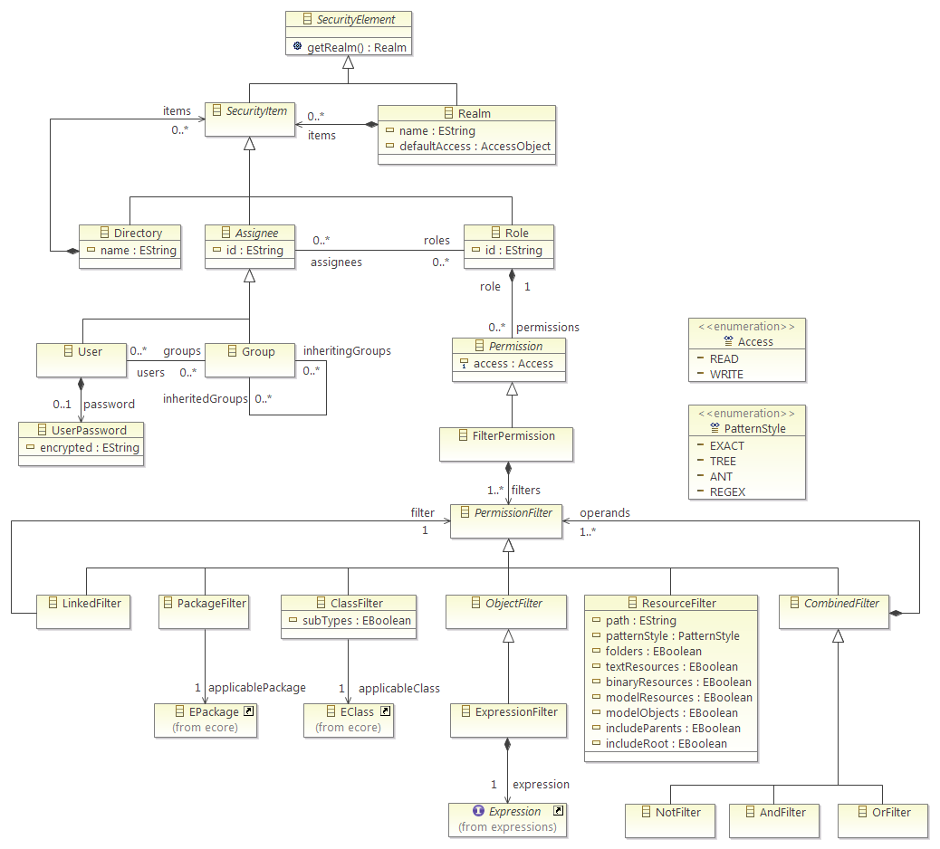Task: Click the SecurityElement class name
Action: click(x=356, y=19)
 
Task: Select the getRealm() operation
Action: click(x=357, y=47)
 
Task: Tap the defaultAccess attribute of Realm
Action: click(x=475, y=147)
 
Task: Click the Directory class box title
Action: click(x=138, y=233)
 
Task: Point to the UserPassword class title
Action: click(x=89, y=430)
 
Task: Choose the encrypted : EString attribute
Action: click(x=90, y=447)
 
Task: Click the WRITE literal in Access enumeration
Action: click(x=726, y=375)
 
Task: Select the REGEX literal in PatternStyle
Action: click(x=727, y=491)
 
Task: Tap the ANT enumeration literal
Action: click(x=721, y=476)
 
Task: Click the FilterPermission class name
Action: click(x=513, y=436)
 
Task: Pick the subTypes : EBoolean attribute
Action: click(x=357, y=621)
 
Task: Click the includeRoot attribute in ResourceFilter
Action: click(x=666, y=743)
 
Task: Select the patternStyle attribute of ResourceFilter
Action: click(x=673, y=635)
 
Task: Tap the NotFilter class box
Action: click(x=670, y=821)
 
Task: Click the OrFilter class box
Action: click(x=882, y=821)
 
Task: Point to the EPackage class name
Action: click(x=214, y=711)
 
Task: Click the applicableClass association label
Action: click(x=399, y=689)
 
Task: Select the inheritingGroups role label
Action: click(x=347, y=350)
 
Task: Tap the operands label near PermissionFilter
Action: click(x=605, y=513)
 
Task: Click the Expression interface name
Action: click(x=515, y=811)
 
